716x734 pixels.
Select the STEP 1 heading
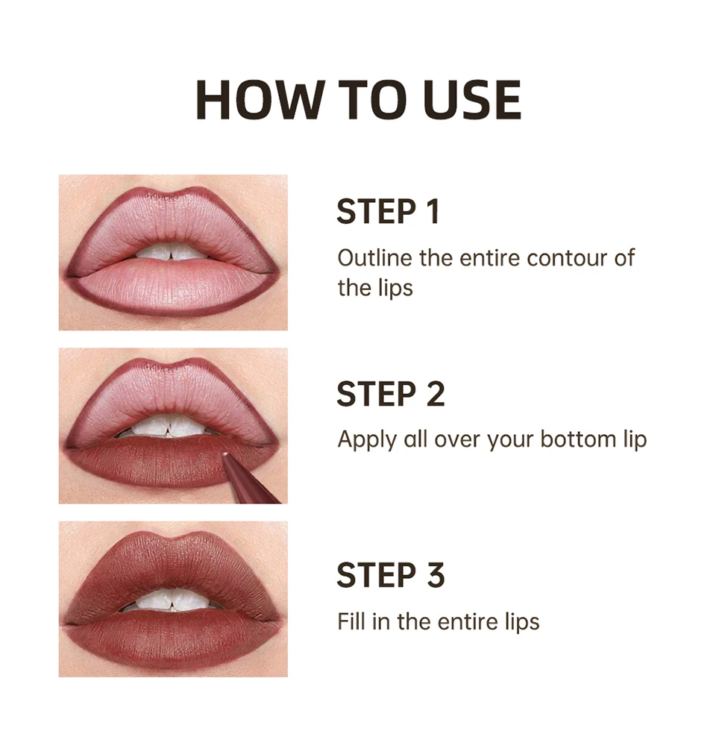tap(388, 212)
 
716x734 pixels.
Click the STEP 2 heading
tap(390, 394)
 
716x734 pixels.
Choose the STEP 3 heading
tap(390, 575)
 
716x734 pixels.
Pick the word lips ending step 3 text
tap(518, 621)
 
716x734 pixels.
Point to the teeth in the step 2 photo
tap(172, 427)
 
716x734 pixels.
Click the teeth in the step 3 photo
tap(172, 600)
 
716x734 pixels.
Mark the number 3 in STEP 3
tap(435, 575)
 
